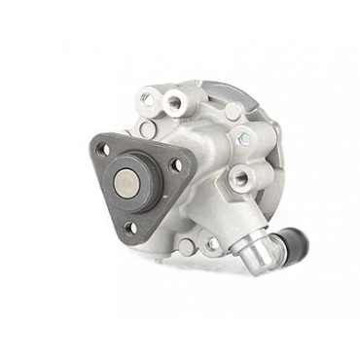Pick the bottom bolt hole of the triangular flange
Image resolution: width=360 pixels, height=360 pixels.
pyautogui.click(x=129, y=228)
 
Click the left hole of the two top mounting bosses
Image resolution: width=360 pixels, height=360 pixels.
pyautogui.click(x=145, y=99)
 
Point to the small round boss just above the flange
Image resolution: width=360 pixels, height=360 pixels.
pyautogui.click(x=148, y=128)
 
